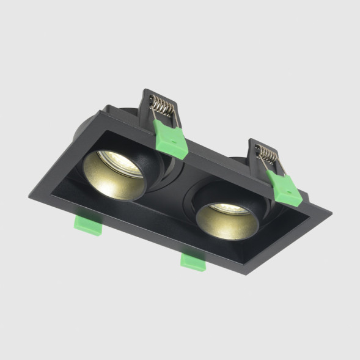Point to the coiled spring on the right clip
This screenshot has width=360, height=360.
pyautogui.click(x=266, y=153)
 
